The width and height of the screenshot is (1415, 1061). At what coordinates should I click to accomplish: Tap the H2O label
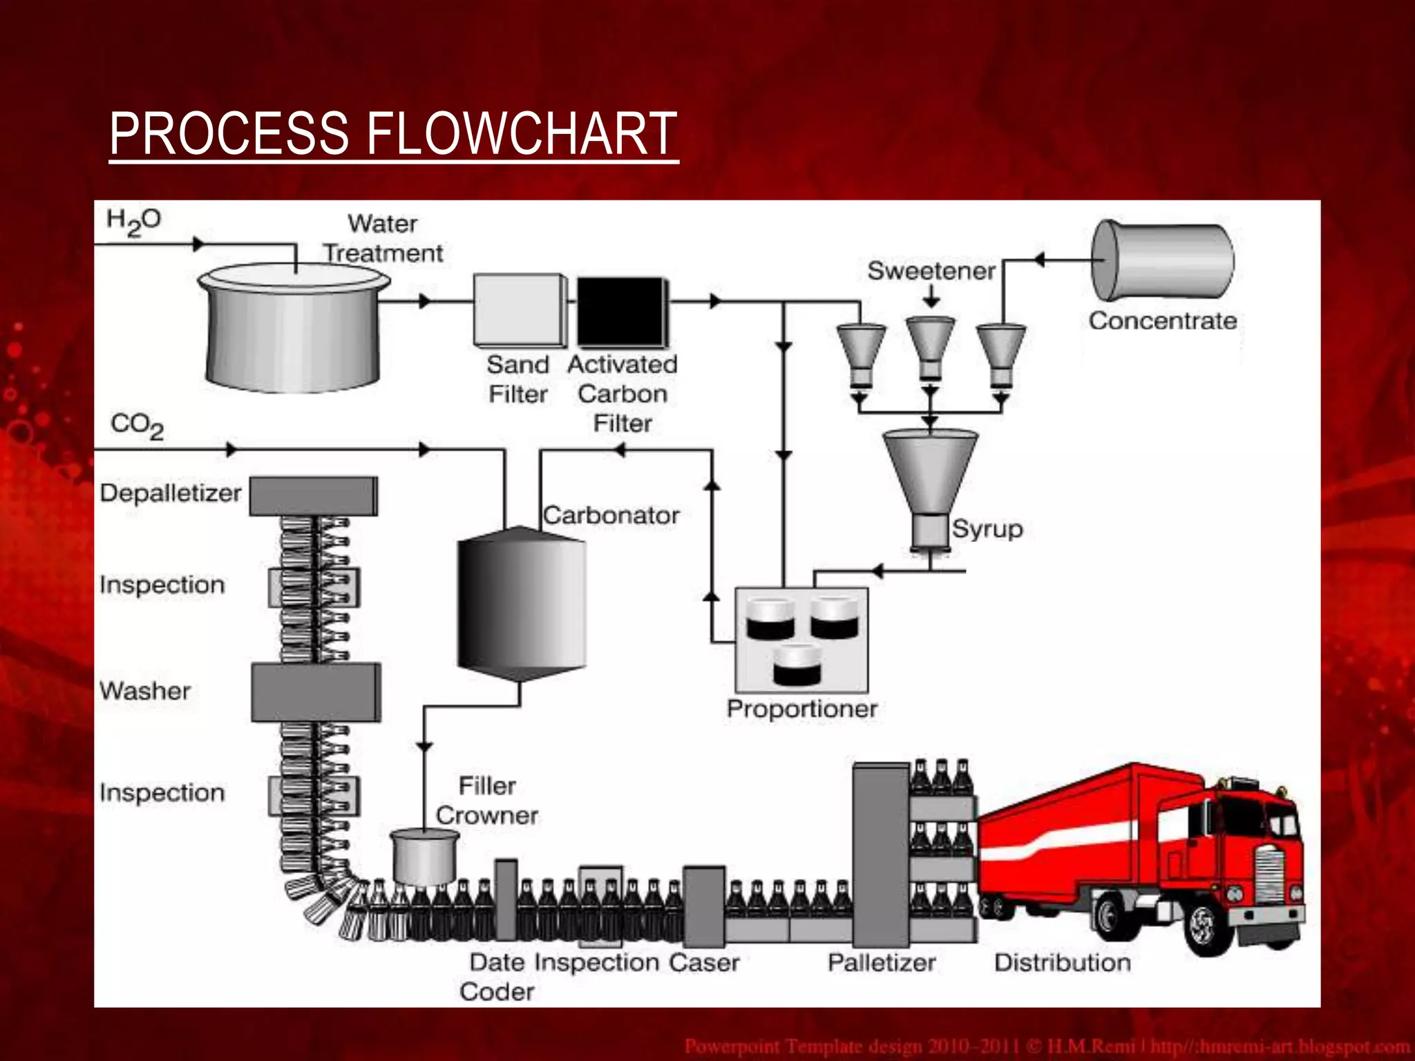click(133, 222)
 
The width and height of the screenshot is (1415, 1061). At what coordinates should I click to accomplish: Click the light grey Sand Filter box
click(518, 309)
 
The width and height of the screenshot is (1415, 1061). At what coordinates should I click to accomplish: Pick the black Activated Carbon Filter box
click(621, 311)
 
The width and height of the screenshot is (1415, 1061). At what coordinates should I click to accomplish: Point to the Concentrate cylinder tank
click(1162, 260)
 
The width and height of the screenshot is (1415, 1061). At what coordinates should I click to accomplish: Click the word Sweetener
click(931, 271)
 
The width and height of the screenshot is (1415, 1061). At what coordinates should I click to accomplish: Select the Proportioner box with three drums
click(801, 640)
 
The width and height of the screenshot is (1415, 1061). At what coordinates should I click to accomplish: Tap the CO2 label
click(137, 425)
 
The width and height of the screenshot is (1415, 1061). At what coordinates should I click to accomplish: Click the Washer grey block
click(315, 692)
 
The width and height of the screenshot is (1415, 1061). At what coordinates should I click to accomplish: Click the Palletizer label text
click(882, 962)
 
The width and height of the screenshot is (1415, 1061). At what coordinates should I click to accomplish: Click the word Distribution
click(1062, 962)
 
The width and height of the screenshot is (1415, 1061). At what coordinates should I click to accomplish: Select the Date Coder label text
click(497, 977)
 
